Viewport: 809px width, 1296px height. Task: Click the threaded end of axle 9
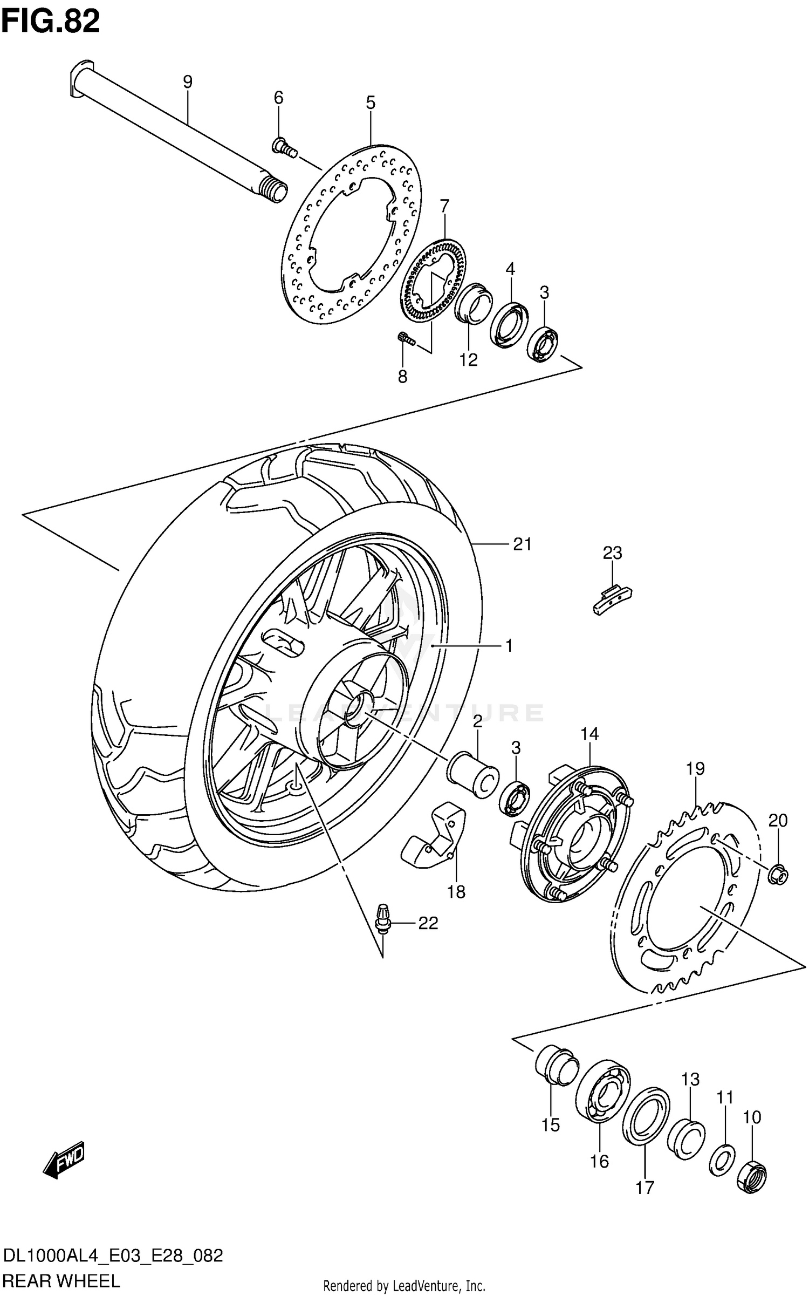pos(272,190)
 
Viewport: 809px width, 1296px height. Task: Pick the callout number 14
pos(589,734)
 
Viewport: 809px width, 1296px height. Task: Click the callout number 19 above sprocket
pos(696,768)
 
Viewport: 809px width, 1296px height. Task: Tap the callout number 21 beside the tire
pos(522,544)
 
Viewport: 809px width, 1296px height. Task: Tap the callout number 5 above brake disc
pos(371,103)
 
